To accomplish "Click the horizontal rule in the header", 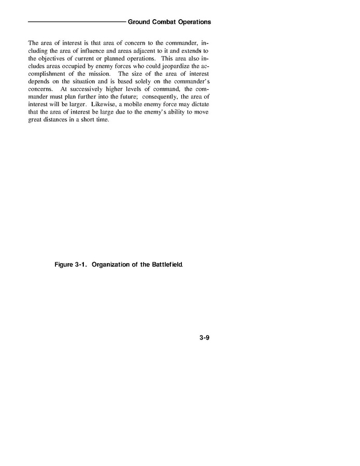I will [x=77, y=22].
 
